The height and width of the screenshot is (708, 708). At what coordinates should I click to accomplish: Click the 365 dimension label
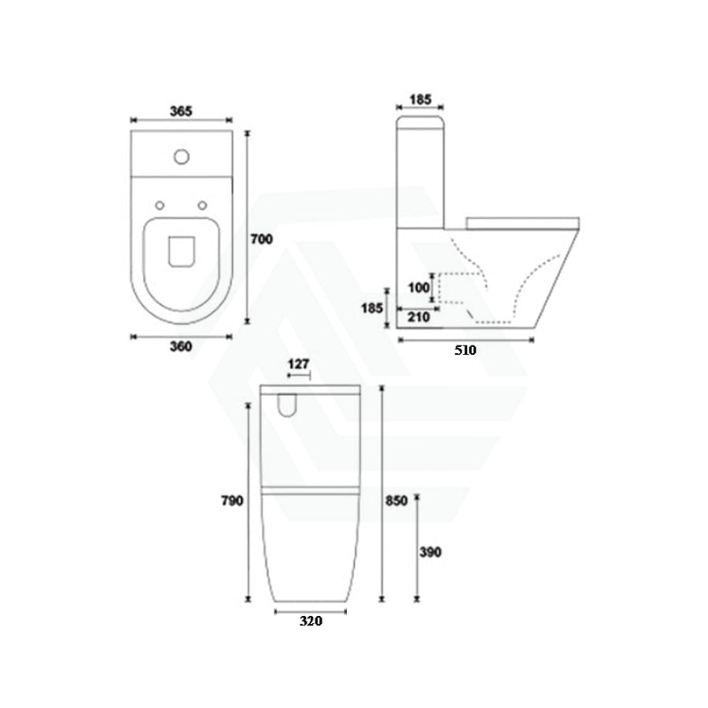[x=181, y=111]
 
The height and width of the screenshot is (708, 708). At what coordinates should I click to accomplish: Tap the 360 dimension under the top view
[x=181, y=346]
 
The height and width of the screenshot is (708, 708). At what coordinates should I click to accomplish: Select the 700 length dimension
[x=262, y=239]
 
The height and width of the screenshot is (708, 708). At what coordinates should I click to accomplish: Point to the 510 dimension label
[x=465, y=350]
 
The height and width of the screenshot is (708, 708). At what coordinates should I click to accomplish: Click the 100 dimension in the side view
[x=419, y=287]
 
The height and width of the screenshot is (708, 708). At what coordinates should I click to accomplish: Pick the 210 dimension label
[x=419, y=317]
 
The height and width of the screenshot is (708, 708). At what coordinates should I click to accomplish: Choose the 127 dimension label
[x=298, y=364]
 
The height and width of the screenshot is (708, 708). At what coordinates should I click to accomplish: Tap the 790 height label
[x=232, y=501]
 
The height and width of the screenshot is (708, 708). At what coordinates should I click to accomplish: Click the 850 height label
[x=396, y=501]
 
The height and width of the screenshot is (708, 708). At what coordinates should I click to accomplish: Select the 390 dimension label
[x=430, y=551]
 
